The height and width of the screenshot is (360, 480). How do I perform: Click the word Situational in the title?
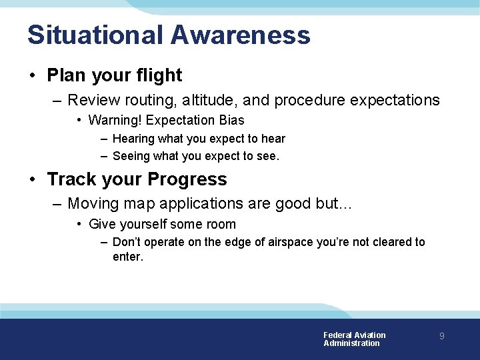coord(94,35)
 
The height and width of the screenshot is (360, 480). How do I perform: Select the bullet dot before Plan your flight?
coord(33,75)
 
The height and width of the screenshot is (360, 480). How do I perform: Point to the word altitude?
coord(201,100)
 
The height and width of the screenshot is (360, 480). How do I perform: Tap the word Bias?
coord(231,120)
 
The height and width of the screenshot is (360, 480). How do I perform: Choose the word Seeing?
coord(131,156)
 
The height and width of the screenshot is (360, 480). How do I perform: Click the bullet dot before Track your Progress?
coord(33,179)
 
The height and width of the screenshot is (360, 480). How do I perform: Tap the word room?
coord(220,224)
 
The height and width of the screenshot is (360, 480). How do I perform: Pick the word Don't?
coord(127,242)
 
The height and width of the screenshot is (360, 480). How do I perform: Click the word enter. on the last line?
coord(128,256)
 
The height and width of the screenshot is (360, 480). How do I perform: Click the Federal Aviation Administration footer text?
coord(354,339)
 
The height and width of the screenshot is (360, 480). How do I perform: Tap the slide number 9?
coord(441,337)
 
